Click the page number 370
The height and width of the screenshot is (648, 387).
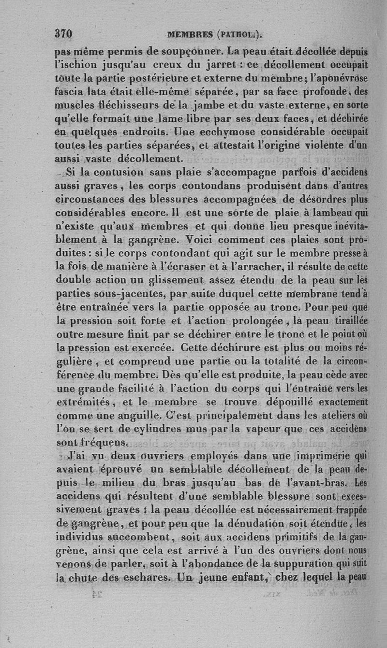pyautogui.click(x=63, y=34)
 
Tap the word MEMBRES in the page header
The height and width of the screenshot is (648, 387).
pyautogui.click(x=190, y=34)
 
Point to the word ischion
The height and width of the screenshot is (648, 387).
pyautogui.click(x=76, y=64)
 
